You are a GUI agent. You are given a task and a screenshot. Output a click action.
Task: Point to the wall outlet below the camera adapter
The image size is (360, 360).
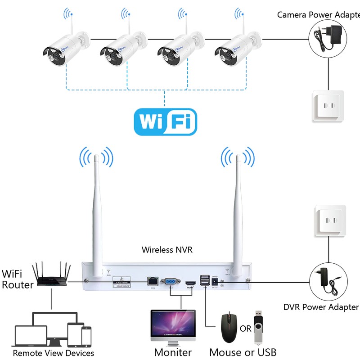click(328, 106)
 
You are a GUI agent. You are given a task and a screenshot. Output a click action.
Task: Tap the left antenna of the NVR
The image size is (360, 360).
click(97, 211)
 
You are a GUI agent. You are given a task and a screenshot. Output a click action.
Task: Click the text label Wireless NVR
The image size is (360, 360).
click(167, 249)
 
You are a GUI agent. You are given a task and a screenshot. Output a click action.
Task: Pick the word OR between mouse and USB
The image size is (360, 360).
click(245, 329)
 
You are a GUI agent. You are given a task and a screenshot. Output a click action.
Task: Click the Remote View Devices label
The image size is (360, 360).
click(53, 353)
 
